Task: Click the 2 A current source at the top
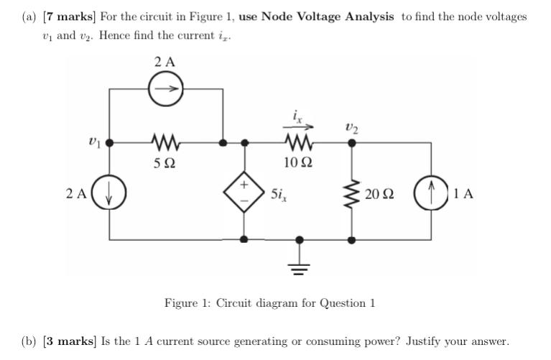point(165,90)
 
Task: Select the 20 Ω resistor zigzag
point(352,193)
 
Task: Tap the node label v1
point(91,142)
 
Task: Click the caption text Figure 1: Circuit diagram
point(269,303)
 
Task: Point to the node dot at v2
point(352,142)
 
